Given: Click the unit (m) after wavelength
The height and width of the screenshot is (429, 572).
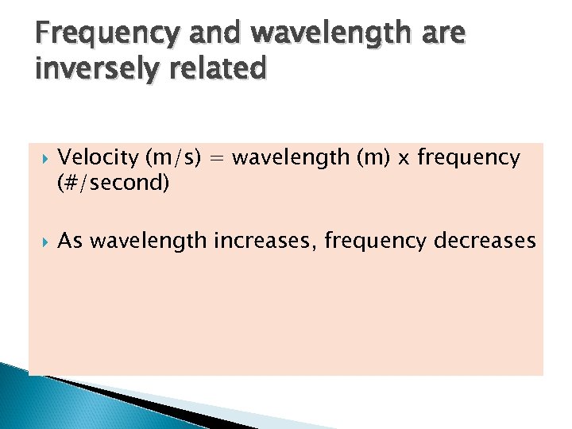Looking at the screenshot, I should [373, 157].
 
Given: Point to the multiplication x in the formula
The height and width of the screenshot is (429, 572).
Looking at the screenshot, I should [404, 159].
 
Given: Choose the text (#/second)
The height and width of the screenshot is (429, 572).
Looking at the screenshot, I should [114, 184].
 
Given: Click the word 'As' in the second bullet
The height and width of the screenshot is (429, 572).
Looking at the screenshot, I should [70, 241].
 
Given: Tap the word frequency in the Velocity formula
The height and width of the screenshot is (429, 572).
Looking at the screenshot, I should [468, 157].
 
